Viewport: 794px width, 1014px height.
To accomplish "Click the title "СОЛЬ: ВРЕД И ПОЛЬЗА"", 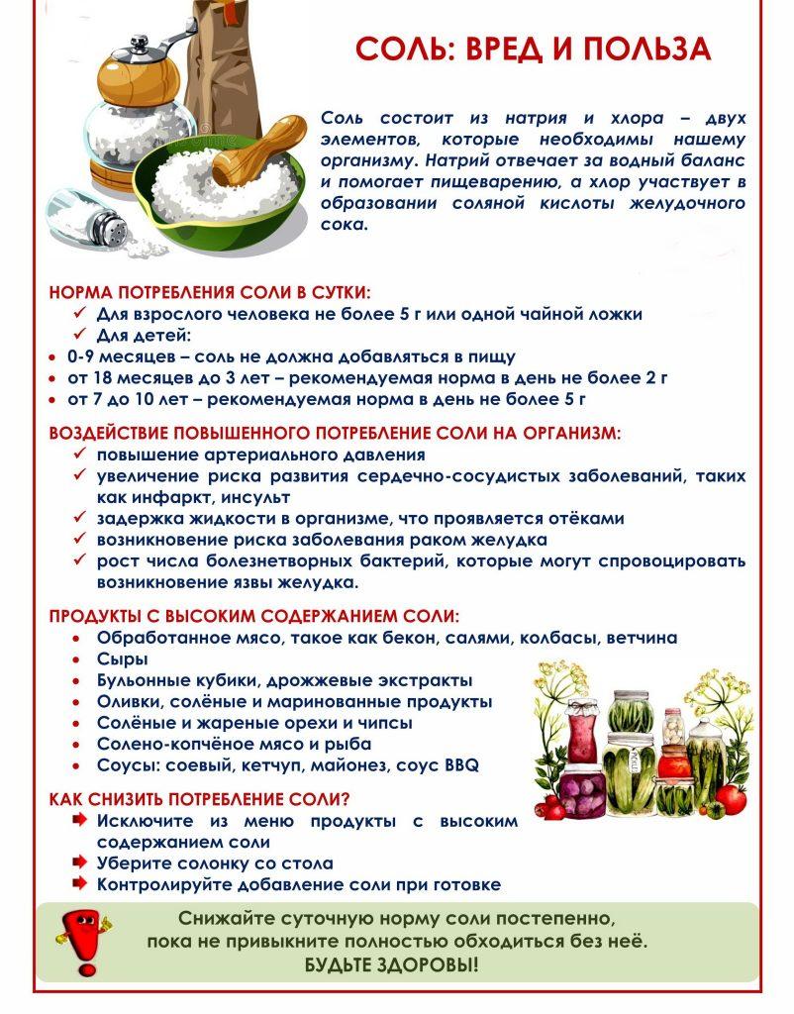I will (x=534, y=50).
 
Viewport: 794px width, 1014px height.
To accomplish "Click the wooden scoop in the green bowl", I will (x=247, y=159).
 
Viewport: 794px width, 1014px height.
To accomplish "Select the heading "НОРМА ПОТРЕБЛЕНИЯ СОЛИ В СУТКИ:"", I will (x=210, y=293).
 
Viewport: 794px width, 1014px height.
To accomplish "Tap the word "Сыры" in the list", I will (x=123, y=659).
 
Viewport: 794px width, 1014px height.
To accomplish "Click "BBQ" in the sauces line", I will (x=461, y=765).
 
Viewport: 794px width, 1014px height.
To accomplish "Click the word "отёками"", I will (x=588, y=518).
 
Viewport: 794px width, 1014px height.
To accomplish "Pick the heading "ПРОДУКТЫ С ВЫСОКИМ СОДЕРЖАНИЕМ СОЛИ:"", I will (x=254, y=616).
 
